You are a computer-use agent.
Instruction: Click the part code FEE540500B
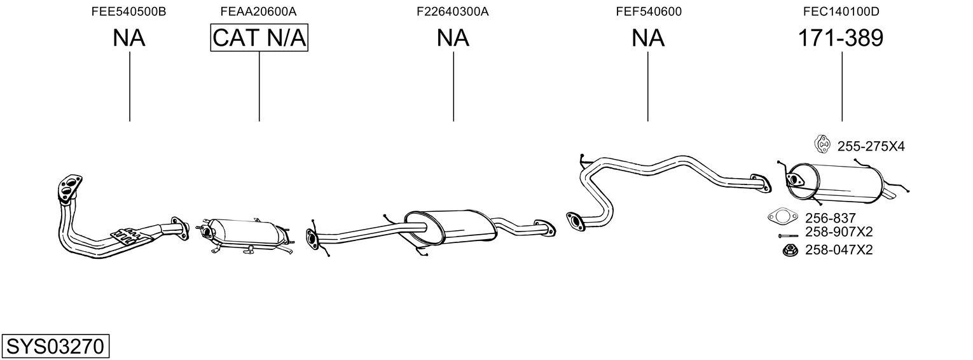coord(128,11)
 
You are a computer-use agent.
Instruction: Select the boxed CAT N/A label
coord(259,38)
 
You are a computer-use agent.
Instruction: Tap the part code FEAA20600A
coord(258,11)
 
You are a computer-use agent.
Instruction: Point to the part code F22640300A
coord(453,11)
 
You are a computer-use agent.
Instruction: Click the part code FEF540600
coord(649,11)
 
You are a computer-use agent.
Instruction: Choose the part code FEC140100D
coord(841,11)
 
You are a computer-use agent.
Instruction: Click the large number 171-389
coord(841,38)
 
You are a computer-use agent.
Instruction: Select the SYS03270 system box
coord(55,346)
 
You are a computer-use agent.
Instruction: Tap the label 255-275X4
coord(871,146)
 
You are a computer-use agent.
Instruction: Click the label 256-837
coord(830,218)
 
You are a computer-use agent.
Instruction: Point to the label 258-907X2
coord(839,232)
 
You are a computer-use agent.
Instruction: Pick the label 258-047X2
coord(839,250)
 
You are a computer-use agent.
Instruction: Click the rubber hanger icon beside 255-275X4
coord(822,144)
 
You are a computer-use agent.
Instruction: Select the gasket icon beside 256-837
coord(783,216)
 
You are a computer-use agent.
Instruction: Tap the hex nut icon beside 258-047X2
coord(790,250)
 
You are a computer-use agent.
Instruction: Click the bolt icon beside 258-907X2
coord(788,236)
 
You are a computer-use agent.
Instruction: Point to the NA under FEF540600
coord(647,38)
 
